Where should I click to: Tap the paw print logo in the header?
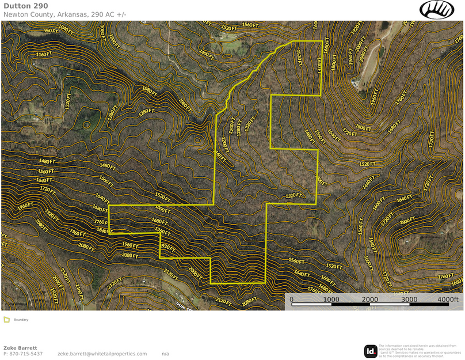(x=437, y=9)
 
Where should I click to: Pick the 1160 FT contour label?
(x=44, y=54)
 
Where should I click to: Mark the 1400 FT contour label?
(x=207, y=55)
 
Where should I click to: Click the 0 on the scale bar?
(x=291, y=299)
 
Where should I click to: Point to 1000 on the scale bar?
(x=330, y=299)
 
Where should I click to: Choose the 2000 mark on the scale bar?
(x=369, y=299)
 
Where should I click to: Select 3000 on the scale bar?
(x=409, y=299)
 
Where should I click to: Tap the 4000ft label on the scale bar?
(x=447, y=299)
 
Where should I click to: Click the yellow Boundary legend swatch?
(x=6, y=320)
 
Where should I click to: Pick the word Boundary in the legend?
(x=21, y=320)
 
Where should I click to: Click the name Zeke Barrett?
(x=20, y=348)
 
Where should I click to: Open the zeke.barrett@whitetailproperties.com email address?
(x=102, y=354)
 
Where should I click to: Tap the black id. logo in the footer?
(x=371, y=351)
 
